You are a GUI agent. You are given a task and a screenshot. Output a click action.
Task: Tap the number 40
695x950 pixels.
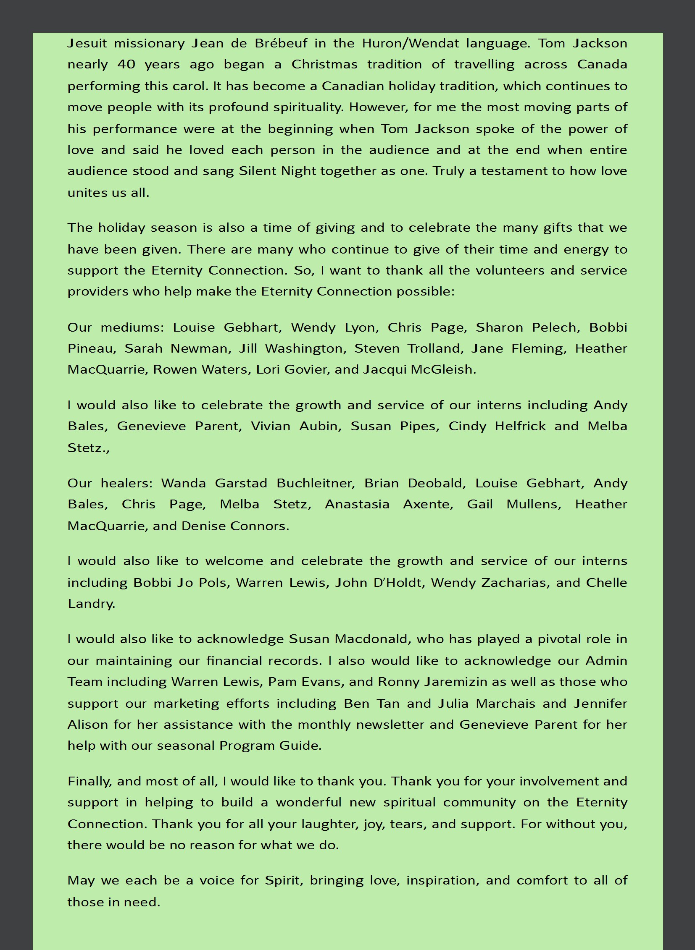tap(126, 64)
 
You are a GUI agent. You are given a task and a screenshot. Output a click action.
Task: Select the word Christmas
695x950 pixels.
tap(324, 64)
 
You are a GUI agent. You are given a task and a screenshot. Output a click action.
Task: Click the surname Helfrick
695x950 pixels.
tap(520, 426)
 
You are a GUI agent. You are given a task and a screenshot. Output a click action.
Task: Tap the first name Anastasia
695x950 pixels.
tap(357, 505)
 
